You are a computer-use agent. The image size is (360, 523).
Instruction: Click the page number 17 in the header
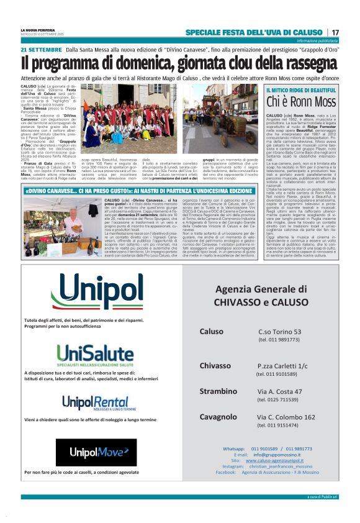coord(335,32)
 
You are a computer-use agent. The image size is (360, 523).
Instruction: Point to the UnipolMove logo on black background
coord(96,452)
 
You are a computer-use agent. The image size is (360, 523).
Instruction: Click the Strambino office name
coord(218,391)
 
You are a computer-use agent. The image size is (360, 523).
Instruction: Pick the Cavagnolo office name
coord(218,417)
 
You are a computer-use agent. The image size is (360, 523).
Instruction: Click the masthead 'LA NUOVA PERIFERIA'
coord(38,29)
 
